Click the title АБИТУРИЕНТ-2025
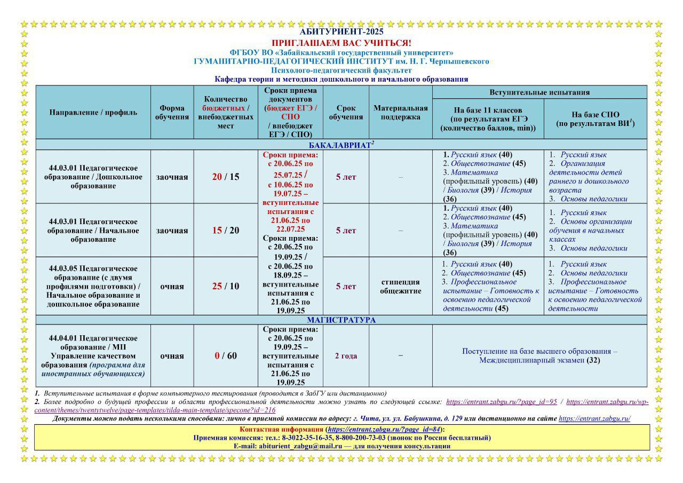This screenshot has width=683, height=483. click(341, 32)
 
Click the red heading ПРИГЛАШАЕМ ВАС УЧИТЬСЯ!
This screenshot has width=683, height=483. click(341, 43)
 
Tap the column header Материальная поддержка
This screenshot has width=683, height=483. click(400, 112)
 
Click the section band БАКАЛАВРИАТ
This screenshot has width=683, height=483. click(341, 145)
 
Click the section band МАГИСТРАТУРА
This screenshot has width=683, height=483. click(341, 320)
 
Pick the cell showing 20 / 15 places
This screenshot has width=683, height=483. click(226, 177)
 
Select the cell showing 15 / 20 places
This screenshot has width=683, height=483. click(226, 231)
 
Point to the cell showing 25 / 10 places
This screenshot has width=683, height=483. click(226, 286)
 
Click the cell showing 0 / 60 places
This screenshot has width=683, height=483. click(226, 356)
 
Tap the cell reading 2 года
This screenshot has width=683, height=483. click(346, 356)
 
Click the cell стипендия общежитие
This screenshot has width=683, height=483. click(400, 287)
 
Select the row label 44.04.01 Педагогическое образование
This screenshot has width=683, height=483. click(93, 356)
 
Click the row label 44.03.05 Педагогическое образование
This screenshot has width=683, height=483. click(93, 286)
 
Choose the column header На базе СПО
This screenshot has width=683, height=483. click(595, 119)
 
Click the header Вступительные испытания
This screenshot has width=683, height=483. click(539, 92)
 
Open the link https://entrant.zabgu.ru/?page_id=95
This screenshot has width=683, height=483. click(501, 402)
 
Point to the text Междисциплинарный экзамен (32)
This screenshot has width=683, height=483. click(539, 360)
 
